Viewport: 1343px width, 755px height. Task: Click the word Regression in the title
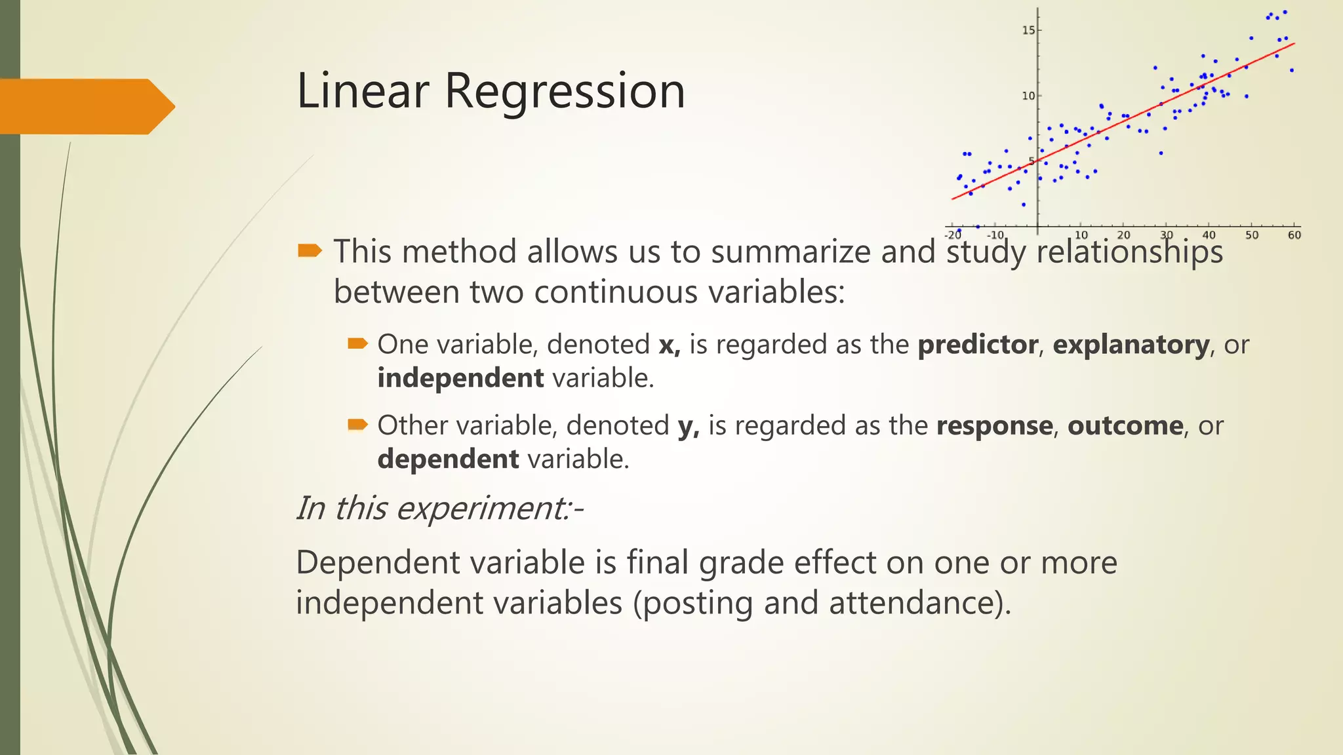coord(565,92)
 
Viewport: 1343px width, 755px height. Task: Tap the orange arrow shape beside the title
coord(85,106)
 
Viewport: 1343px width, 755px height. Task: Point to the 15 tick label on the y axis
coord(1028,30)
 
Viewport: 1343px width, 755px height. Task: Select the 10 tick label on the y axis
coord(1028,96)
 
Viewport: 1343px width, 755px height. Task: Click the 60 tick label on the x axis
coord(1294,235)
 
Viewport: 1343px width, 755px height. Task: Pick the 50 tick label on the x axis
coord(1252,235)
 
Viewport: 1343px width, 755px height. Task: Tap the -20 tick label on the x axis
coord(953,235)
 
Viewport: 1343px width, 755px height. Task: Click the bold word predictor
coord(978,345)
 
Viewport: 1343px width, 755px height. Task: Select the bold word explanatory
coord(1131,345)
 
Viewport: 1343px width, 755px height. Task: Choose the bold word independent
coord(460,378)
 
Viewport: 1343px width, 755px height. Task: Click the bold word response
coord(994,426)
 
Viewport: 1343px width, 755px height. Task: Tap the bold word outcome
coord(1125,426)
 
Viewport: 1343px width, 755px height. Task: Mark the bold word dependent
coord(449,459)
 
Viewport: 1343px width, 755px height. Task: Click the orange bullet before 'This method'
coord(310,250)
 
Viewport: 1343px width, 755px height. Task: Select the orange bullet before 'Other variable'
coord(357,425)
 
